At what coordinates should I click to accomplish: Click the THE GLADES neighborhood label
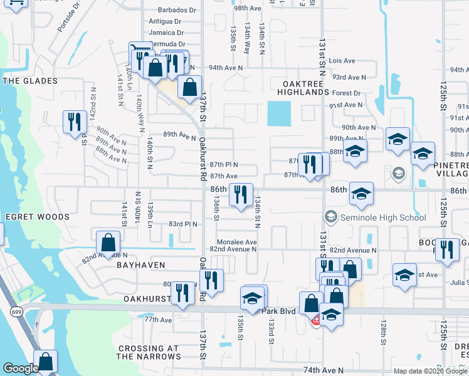(x=29, y=81)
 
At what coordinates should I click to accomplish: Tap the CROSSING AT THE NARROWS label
(x=148, y=352)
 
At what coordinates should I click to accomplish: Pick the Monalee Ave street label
(x=236, y=242)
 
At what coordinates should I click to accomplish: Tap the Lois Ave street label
(x=342, y=61)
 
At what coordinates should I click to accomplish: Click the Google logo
(x=21, y=368)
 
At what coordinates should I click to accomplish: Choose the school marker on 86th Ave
(x=361, y=194)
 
